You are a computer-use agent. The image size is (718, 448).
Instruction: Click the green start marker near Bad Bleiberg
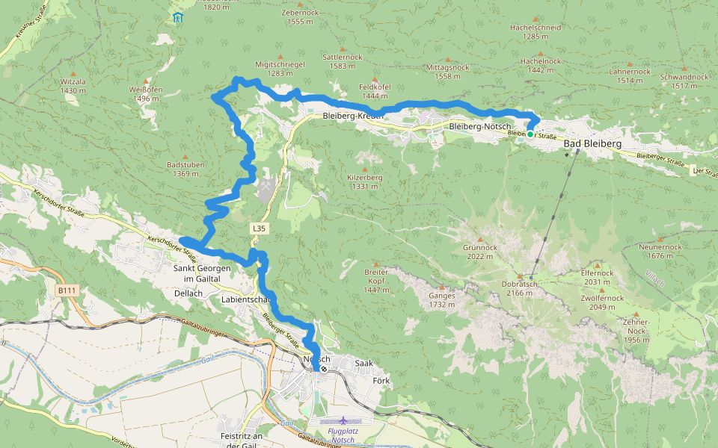[530, 134]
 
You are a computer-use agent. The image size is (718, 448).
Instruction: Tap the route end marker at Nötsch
[324, 368]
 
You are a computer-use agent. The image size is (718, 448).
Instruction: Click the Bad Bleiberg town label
[592, 143]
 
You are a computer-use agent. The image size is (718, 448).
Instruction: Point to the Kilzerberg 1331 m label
[364, 181]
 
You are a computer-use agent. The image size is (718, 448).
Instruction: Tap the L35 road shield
[259, 228]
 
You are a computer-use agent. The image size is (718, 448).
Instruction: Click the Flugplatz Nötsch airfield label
[343, 435]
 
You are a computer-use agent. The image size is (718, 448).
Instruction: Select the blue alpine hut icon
[177, 17]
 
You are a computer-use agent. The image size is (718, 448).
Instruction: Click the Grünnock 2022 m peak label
[479, 252]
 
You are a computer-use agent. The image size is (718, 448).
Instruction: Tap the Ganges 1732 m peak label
[441, 299]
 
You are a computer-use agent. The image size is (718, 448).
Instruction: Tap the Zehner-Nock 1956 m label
[636, 329]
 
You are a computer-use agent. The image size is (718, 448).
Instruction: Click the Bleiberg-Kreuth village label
[353, 116]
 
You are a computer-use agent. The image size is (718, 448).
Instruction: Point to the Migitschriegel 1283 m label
[280, 69]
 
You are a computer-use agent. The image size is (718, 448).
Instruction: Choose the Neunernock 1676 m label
[660, 251]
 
